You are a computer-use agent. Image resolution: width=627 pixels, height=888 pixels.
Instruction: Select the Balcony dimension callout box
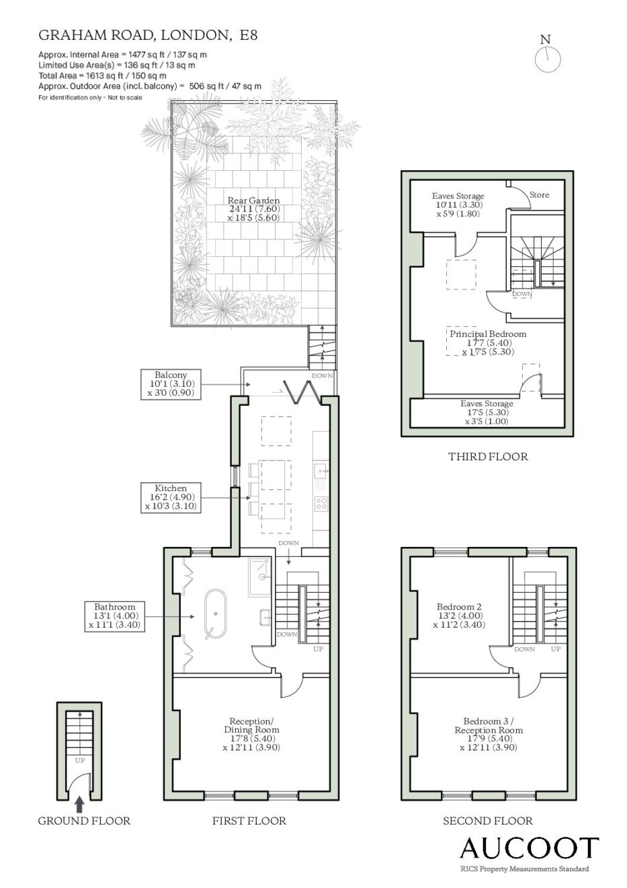(171, 384)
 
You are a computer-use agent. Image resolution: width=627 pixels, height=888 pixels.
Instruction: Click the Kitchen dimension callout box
(171, 498)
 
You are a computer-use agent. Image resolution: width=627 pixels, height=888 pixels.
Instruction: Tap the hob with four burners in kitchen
(321, 503)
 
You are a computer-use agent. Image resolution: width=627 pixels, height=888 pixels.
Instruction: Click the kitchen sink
(321, 470)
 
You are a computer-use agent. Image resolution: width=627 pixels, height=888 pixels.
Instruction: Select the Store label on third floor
(539, 194)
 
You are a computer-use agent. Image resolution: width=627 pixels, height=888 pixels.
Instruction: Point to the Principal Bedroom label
(488, 334)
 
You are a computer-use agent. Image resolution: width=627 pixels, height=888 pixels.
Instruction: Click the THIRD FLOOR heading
(488, 457)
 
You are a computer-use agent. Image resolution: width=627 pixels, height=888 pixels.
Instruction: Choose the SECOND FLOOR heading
(488, 821)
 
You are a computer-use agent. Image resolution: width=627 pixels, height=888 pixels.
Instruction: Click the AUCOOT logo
(529, 848)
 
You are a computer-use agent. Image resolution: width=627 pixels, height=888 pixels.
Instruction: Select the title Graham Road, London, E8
(148, 35)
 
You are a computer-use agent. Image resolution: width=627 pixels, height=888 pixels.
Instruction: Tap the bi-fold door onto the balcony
(302, 392)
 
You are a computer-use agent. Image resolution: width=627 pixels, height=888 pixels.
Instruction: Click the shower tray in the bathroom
(260, 577)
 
